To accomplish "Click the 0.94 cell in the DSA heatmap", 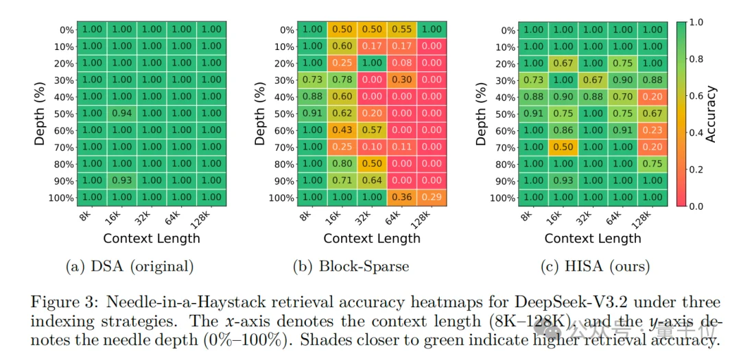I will pos(121,113).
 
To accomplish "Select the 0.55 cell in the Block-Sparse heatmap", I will pos(403,29).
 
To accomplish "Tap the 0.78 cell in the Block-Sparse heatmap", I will pos(342,80).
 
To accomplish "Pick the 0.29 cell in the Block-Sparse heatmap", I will pos(432,197).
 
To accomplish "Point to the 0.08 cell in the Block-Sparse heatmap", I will pos(403,63).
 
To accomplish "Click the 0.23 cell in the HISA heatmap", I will pos(653,130).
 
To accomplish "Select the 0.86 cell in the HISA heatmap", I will pos(563,130).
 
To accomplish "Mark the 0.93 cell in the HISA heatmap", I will pos(563,181).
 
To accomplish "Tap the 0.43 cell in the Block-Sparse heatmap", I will pos(342,130).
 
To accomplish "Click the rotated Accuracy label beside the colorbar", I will pos(711,114).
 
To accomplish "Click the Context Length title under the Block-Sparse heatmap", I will pos(372,239).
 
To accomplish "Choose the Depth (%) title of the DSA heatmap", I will pos(40,114).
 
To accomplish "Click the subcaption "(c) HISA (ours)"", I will pos(593,266).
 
